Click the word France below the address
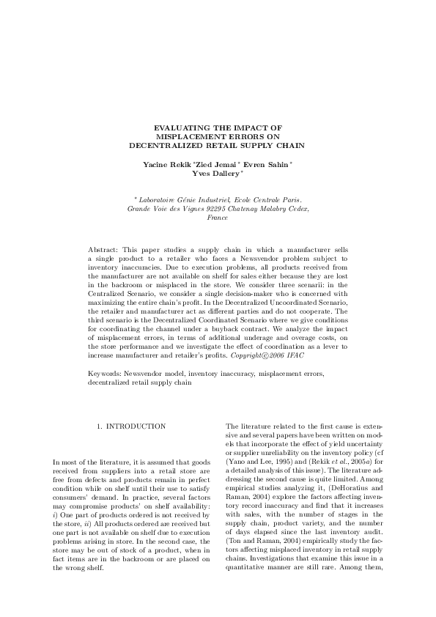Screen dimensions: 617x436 click(x=218, y=218)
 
